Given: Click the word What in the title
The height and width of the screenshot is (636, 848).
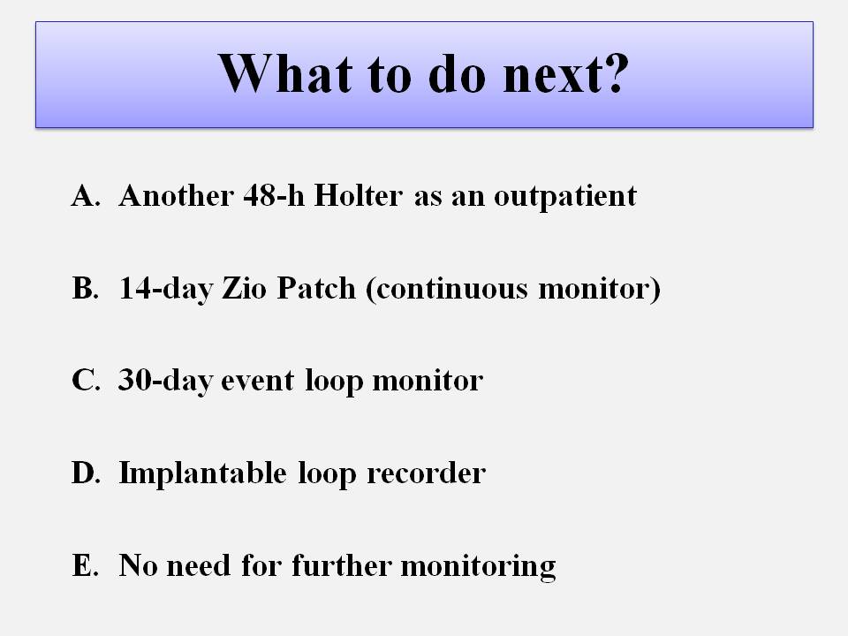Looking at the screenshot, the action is (x=285, y=73).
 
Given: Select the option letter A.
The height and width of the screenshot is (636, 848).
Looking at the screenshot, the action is (x=86, y=195).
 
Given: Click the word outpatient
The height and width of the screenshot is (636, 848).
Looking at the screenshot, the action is (x=565, y=197).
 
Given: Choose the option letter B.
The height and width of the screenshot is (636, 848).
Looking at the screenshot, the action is (x=86, y=288).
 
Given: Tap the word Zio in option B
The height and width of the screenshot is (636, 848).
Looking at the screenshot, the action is (x=244, y=288).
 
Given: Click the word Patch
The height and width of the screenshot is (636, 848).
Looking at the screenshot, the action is (x=316, y=288).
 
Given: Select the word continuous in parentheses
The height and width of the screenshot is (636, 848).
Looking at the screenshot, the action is (x=451, y=288).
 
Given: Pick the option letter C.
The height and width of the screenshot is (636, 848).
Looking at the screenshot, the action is (x=86, y=380).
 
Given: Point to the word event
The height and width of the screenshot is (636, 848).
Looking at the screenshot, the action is (x=257, y=382).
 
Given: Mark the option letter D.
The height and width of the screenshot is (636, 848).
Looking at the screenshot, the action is (x=86, y=473).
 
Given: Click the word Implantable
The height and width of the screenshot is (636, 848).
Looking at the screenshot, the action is (x=203, y=473).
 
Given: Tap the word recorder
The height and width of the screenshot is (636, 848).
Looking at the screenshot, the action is (x=426, y=473).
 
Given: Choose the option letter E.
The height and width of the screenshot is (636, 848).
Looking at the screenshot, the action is (x=86, y=565).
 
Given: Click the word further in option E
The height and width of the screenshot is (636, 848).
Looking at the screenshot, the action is (x=342, y=565).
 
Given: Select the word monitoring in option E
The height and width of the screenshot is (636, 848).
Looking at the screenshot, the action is (x=478, y=567).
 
